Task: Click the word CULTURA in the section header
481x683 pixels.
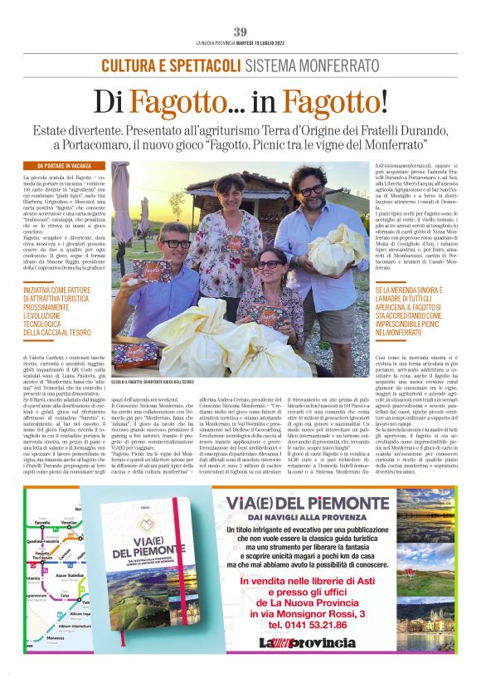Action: click(x=130, y=66)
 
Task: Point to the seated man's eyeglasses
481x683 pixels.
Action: click(x=175, y=244)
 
